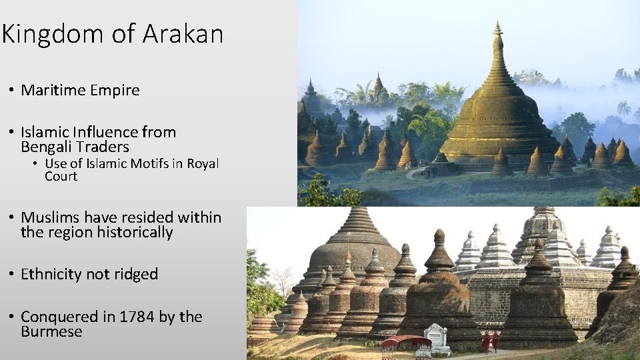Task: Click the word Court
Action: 61,177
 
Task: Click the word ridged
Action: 136,274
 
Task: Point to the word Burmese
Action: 51,332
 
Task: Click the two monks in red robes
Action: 491,341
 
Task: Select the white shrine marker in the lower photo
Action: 437,337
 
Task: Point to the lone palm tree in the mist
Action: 624,108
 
